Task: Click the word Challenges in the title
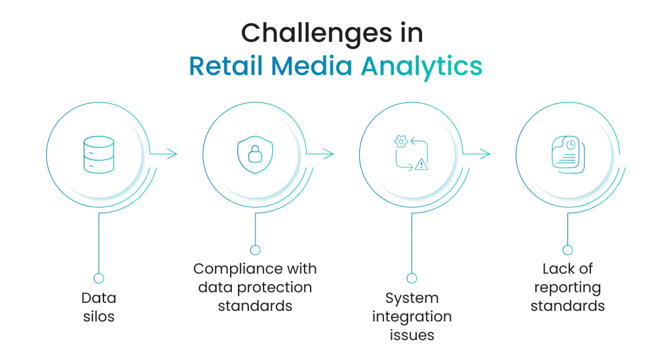pos(316,33)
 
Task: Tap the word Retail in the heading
pos(225,66)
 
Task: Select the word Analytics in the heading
pos(421,67)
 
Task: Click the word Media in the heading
pos(311,66)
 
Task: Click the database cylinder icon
pos(99,155)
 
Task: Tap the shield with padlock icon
pos(256,155)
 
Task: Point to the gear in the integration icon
pos(401,141)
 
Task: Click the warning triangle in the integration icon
pos(421,164)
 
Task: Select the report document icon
pos(568,155)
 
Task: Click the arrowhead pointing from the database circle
pos(172,153)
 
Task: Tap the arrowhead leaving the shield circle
pos(329,153)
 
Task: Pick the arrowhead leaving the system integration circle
pos(486,153)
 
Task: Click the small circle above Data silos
pos(99,278)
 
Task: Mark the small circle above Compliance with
pos(256,250)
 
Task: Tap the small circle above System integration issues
pos(412,278)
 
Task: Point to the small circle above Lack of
pos(568,250)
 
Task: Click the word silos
pos(99,316)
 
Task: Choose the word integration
pos(412,317)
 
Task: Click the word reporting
pos(568,288)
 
